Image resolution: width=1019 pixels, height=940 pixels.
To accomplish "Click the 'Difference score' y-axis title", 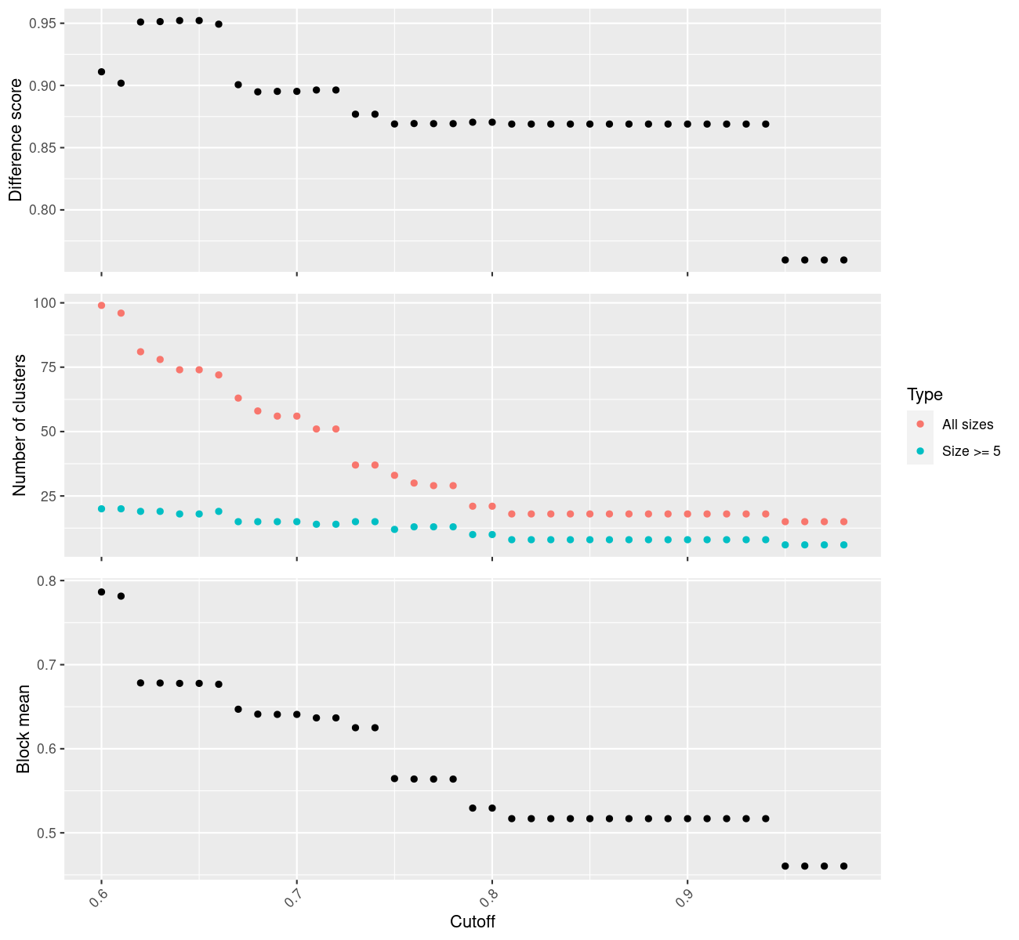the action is click(16, 140).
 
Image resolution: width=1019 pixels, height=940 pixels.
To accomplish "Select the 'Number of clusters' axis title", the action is click(19, 425).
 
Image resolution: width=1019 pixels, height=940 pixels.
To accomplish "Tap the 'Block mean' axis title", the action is click(23, 728).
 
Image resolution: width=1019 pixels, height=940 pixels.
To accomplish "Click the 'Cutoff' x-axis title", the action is click(472, 921).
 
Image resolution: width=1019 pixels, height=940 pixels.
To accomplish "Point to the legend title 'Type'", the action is click(925, 394).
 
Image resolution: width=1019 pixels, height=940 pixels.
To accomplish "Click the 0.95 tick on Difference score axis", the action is click(46, 23).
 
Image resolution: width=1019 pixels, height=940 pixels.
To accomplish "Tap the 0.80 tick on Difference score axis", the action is click(46, 210).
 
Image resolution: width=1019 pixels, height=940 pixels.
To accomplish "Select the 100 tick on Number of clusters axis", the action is click(45, 303).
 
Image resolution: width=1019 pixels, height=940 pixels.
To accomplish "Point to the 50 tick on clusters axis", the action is click(49, 432).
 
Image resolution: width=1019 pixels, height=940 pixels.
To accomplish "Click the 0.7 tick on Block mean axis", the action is click(47, 665).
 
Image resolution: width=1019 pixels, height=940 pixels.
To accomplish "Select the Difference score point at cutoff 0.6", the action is click(102, 72).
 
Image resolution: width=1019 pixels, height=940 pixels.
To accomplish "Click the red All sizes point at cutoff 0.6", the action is click(102, 305).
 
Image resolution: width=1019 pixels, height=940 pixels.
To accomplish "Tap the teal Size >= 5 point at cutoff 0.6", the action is click(102, 508).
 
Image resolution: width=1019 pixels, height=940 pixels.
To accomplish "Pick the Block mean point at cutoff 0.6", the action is click(102, 591).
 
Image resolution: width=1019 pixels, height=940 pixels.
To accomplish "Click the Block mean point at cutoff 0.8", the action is click(492, 808).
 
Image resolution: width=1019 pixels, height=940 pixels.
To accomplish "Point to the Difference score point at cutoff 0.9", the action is click(687, 124).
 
